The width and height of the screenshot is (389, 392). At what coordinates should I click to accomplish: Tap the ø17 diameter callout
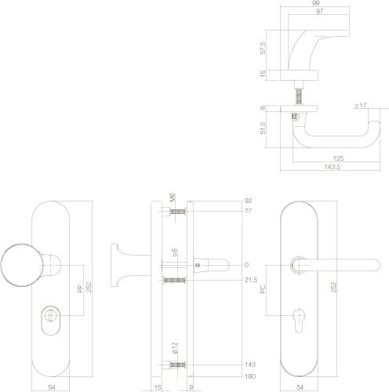pyautogui.click(x=362, y=105)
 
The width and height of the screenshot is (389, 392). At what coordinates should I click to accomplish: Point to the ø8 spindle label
pyautogui.click(x=174, y=253)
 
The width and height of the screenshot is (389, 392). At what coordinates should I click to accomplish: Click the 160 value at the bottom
pyautogui.click(x=249, y=376)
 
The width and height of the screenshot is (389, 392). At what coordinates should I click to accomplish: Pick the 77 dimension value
pyautogui.click(x=249, y=212)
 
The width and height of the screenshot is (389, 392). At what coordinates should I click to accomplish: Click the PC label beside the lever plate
pyautogui.click(x=265, y=289)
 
